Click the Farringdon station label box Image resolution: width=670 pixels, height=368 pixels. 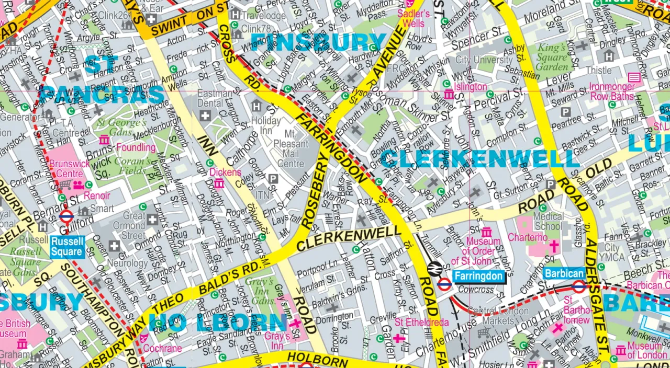pos(478,276)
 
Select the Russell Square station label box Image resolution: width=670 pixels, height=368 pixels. pos(68,247)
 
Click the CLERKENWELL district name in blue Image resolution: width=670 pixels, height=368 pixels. pos(479,159)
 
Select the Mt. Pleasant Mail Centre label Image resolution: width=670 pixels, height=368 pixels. pos(291,148)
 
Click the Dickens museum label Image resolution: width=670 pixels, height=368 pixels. pos(225,172)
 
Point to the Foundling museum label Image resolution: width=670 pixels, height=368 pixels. pos(136,147)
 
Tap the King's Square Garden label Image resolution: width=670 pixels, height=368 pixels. pos(552,57)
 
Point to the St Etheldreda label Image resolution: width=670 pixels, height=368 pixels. pos(422,322)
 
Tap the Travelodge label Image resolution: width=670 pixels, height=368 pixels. pos(264,16)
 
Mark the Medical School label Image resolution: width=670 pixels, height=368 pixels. pos(548,221)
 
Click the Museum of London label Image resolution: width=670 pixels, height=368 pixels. pos(644,351)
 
